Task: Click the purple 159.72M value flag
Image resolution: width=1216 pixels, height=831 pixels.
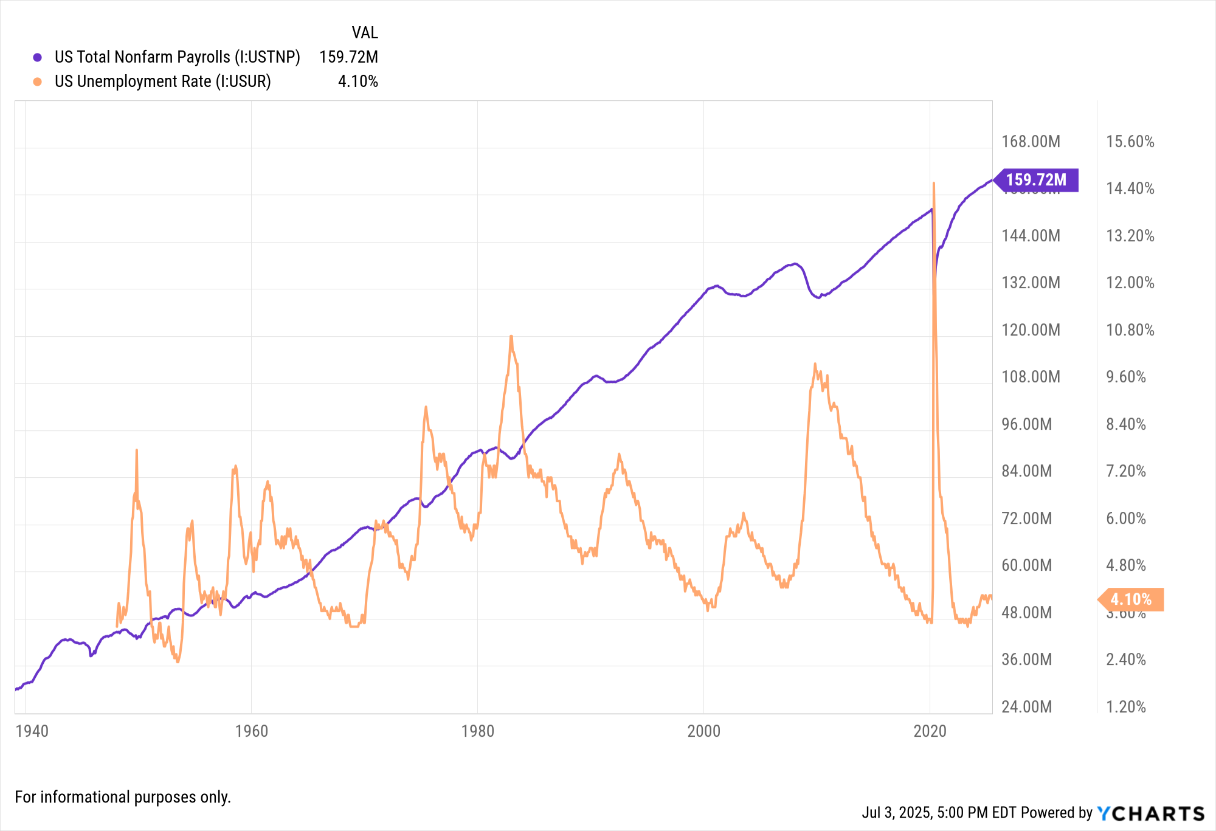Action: click(x=1037, y=180)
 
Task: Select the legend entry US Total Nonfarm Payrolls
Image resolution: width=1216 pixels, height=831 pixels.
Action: click(x=177, y=57)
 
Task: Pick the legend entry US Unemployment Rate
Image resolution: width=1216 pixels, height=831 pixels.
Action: click(x=162, y=81)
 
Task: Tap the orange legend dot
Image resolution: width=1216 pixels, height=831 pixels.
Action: click(x=38, y=81)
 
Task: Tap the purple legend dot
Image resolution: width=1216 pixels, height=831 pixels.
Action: click(x=38, y=57)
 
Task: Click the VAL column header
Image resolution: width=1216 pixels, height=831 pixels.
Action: click(x=364, y=32)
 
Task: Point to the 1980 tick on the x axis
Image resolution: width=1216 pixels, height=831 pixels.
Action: click(x=477, y=731)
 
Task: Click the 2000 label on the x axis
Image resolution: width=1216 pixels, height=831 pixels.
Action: click(x=703, y=731)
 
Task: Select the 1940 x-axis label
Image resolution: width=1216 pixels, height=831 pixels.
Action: click(x=32, y=731)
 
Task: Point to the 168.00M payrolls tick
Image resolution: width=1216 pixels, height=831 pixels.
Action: click(x=1031, y=142)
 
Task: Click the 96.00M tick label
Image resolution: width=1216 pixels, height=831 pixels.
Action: click(x=1026, y=424)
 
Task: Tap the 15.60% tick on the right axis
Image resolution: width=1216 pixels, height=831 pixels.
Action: click(x=1130, y=142)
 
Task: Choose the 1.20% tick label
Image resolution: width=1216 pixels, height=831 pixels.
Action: click(x=1125, y=707)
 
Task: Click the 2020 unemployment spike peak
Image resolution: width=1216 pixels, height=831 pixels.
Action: click(x=933, y=183)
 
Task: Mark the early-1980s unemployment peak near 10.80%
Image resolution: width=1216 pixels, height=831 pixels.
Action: click(x=511, y=336)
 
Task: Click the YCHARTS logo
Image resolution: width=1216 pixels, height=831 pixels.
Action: click(x=1150, y=813)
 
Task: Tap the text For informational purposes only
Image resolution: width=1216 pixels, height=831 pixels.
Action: click(x=123, y=797)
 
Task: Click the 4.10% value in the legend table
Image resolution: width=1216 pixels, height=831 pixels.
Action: click(x=358, y=81)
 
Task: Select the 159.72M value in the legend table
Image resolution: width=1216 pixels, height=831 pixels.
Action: click(x=348, y=57)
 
